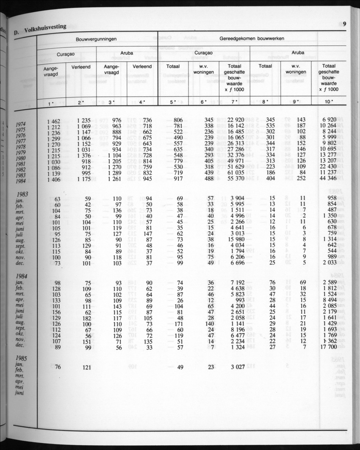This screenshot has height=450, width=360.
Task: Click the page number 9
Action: tap(345, 24)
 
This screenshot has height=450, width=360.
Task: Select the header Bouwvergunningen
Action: tap(96, 39)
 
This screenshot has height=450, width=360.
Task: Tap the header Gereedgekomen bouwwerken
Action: tap(252, 39)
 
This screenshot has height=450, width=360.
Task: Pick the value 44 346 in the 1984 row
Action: tap(329, 179)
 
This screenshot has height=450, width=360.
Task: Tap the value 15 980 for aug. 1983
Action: tap(235, 239)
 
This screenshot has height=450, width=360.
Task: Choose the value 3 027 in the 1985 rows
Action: tap(235, 367)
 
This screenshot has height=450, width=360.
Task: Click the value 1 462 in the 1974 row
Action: tap(53, 121)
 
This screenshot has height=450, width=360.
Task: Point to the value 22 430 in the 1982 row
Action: tap(329, 167)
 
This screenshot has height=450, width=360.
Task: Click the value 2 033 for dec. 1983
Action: tap(329, 263)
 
